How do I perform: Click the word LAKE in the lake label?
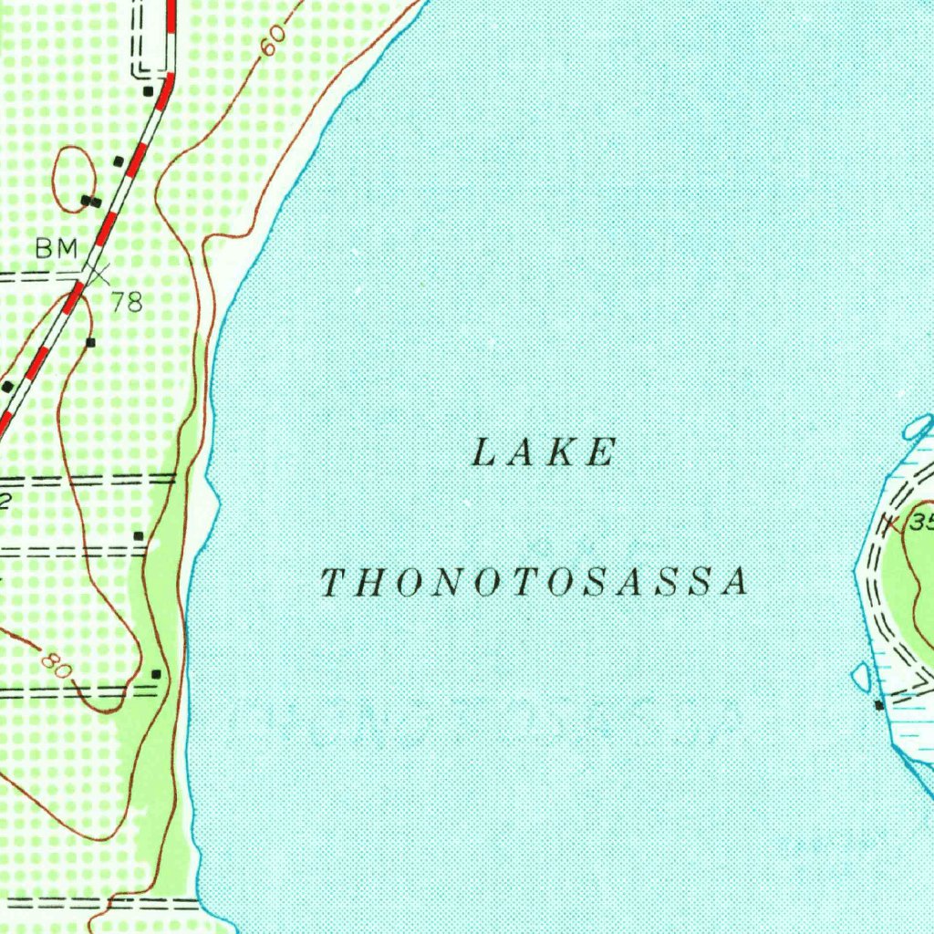pos(545,453)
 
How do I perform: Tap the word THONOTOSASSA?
pos(535,583)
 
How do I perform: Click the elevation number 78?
pos(128,302)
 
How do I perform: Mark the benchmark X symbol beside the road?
pos(96,270)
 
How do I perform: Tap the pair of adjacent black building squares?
pos(90,201)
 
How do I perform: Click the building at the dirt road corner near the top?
pos(148,91)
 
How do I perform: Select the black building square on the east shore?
pos(878,705)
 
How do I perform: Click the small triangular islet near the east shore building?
pos(859,676)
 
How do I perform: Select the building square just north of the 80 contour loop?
pos(139,535)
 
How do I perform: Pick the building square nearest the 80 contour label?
pos(157,674)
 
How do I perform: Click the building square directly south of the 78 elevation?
pos(90,342)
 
